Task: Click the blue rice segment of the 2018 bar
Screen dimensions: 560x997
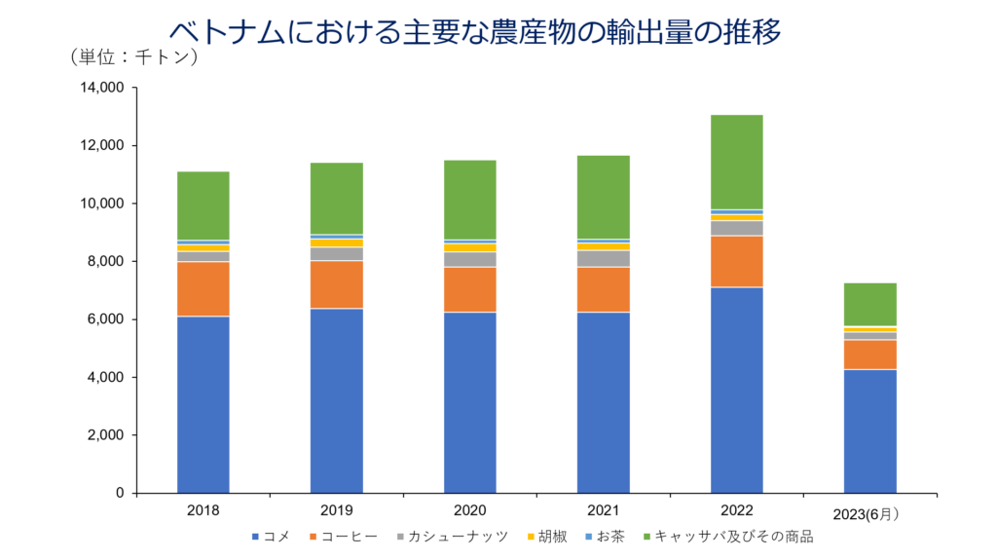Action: click(x=203, y=404)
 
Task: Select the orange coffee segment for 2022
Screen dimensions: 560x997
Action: click(x=736, y=261)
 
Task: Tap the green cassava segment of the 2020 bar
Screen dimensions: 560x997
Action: click(x=469, y=200)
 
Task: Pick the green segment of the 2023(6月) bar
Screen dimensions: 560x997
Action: click(x=869, y=304)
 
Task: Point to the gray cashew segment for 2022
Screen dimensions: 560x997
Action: click(x=736, y=228)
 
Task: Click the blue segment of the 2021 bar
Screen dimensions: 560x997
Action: click(x=603, y=402)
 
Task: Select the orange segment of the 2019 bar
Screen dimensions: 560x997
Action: click(x=336, y=284)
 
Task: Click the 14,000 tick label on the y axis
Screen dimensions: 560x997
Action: click(x=100, y=88)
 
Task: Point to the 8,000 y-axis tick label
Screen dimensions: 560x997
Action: click(x=104, y=261)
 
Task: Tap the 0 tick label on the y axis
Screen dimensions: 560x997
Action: click(x=119, y=493)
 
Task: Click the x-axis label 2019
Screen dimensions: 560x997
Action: click(x=336, y=510)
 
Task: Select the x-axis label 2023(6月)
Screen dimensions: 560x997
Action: click(x=869, y=512)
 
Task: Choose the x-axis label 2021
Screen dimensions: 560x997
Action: click(x=603, y=510)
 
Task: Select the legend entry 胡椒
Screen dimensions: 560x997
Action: click(x=548, y=536)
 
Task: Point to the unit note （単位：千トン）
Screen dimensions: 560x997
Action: click(x=134, y=56)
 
